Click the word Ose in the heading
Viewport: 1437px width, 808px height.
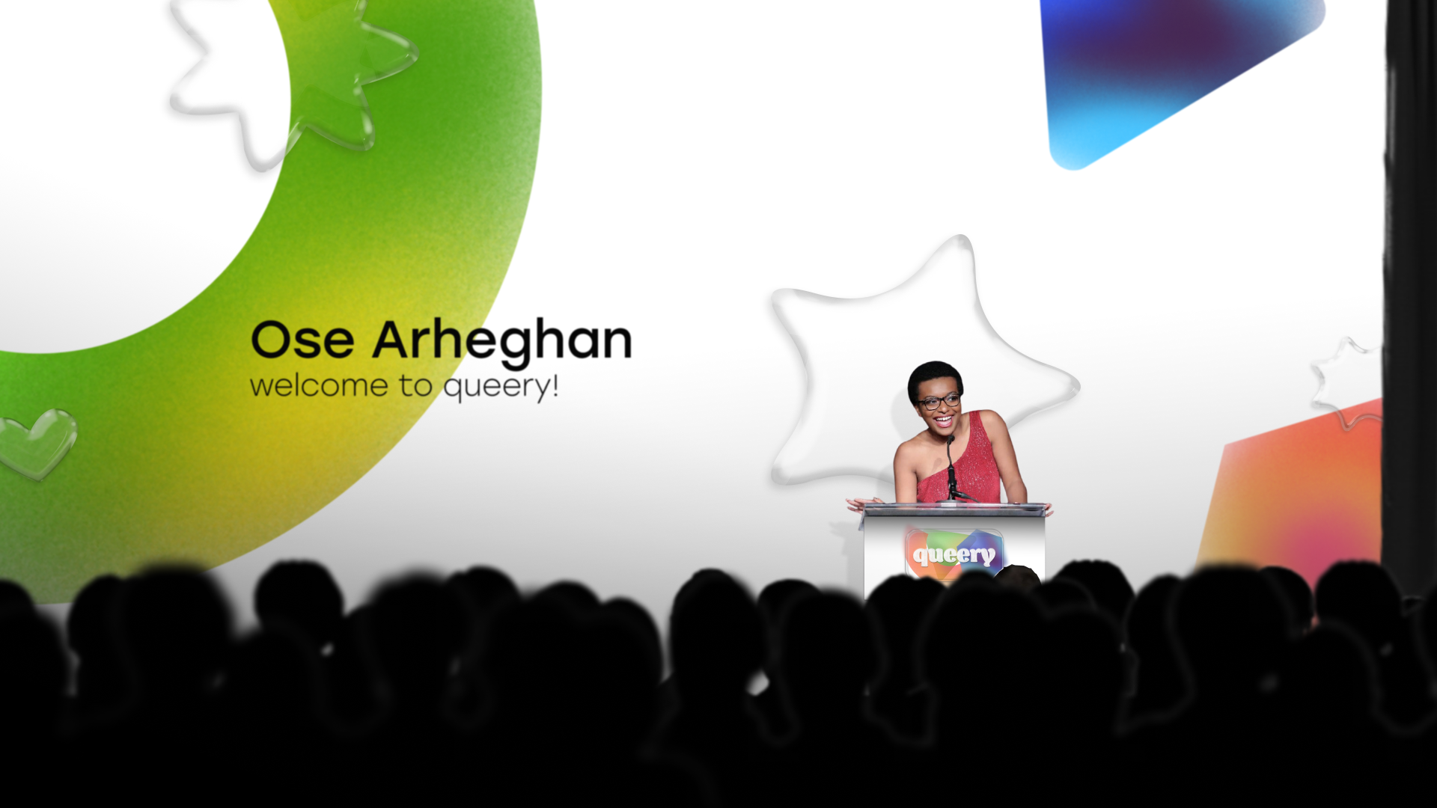(x=302, y=340)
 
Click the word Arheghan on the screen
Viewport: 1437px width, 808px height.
(x=502, y=343)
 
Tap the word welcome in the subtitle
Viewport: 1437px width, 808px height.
(x=319, y=386)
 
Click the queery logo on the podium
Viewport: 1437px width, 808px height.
(x=954, y=554)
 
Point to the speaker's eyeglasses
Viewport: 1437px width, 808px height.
(x=940, y=402)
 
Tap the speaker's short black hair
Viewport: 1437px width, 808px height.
(x=934, y=378)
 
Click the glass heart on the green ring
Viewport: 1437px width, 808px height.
(x=37, y=442)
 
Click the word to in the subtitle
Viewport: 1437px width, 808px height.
(x=415, y=386)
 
